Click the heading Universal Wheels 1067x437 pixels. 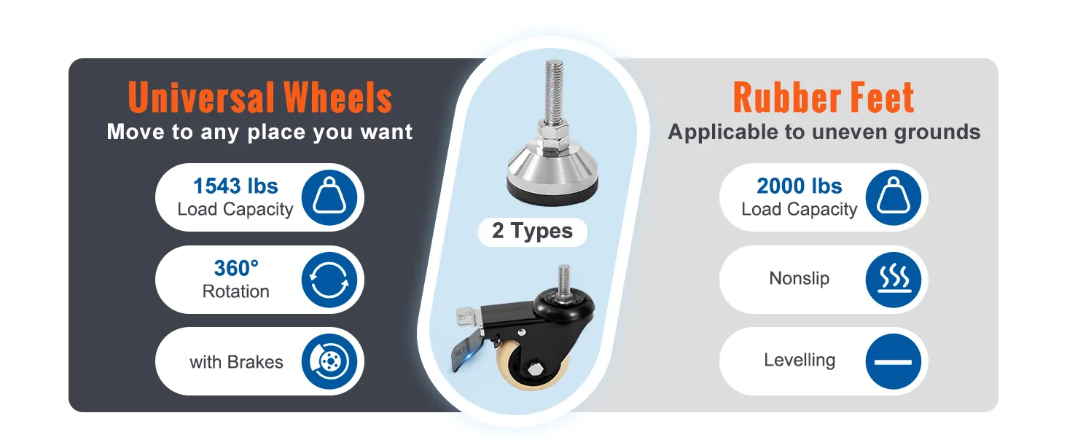[260, 98]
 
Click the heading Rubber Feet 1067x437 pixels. [824, 98]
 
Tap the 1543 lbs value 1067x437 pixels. [236, 186]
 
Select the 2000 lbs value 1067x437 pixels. [800, 186]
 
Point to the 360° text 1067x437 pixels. [236, 268]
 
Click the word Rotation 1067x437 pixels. [236, 291]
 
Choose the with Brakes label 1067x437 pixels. [236, 362]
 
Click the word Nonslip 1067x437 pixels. [800, 278]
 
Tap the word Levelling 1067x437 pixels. [800, 361]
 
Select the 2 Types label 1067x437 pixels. [532, 232]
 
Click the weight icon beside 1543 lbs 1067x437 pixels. [329, 197]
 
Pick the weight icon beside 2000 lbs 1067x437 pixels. [893, 197]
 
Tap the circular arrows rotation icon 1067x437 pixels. [329, 280]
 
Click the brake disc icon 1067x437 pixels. [329, 362]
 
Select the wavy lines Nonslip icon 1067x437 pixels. [893, 280]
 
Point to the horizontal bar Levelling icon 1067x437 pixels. [893, 362]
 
